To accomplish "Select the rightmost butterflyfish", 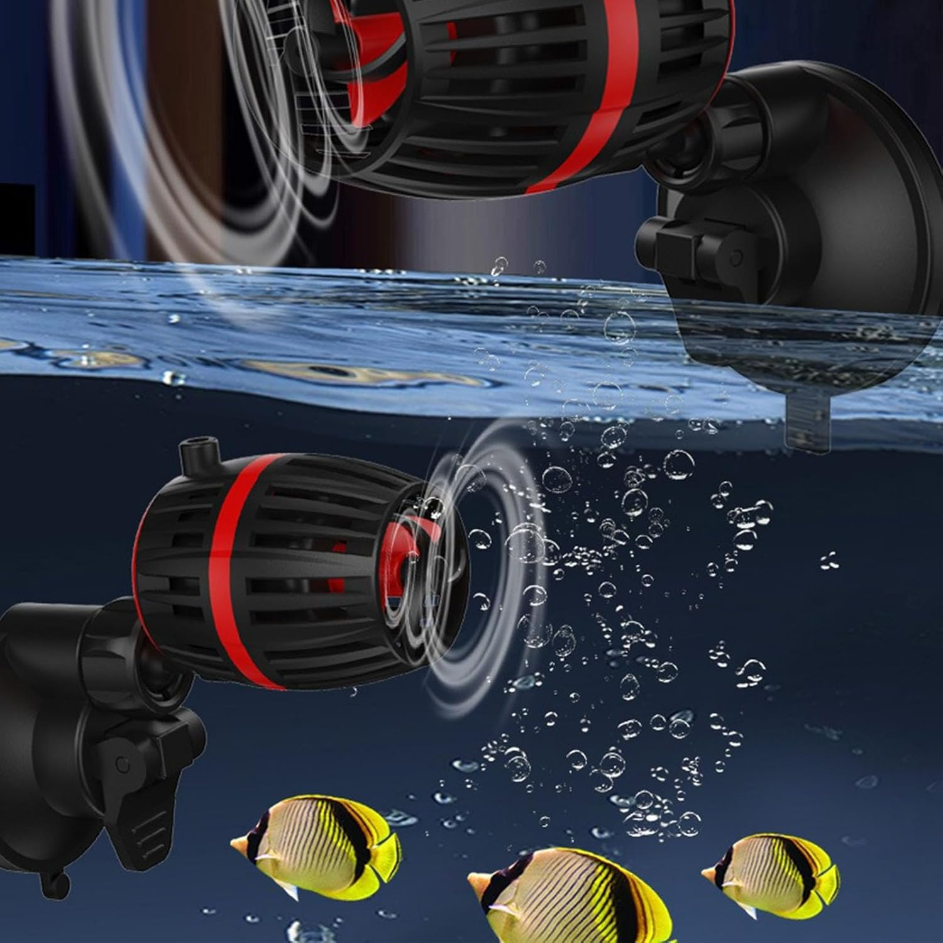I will [773, 874].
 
